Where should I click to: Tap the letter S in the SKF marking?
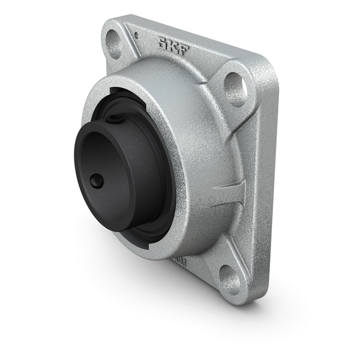tap(162, 41)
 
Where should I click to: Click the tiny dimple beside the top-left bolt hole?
tap(136, 35)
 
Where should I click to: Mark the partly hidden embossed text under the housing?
tap(178, 262)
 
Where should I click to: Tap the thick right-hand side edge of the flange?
tap(268, 180)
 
